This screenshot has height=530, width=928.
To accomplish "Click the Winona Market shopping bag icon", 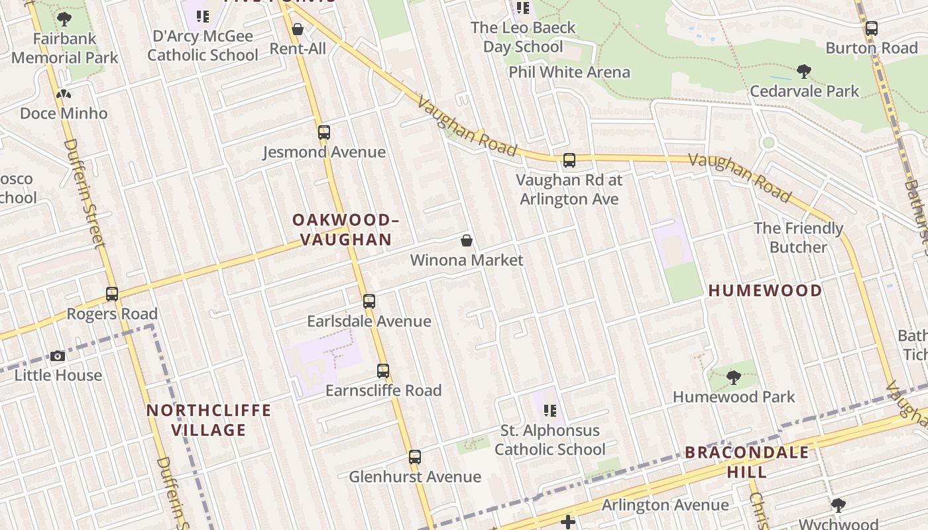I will tap(467, 240).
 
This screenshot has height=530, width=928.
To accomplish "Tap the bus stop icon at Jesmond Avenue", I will tap(323, 132).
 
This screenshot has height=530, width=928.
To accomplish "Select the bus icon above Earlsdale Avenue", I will tap(369, 301).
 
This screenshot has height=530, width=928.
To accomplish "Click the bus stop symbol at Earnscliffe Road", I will tap(383, 371).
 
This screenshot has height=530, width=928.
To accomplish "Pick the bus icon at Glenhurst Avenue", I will tap(415, 457).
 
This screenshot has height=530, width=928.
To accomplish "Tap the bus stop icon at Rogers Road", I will tap(112, 294).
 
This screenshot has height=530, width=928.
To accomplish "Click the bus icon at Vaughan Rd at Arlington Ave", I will tap(569, 160).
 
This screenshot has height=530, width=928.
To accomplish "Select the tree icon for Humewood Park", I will tap(733, 378).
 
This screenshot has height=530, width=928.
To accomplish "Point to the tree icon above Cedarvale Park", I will tap(804, 72).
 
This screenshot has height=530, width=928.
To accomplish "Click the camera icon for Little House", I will tap(58, 356).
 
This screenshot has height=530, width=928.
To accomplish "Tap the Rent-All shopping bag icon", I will tap(298, 30).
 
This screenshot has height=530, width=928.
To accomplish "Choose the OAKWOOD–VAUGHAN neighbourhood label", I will tap(345, 229).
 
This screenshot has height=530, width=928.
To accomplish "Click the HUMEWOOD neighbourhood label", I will tap(765, 290).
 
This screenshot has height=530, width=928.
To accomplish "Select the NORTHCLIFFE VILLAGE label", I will tap(209, 420).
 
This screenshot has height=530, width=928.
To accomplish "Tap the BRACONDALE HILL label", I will tap(746, 462).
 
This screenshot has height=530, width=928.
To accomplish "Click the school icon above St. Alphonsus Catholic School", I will tap(550, 411).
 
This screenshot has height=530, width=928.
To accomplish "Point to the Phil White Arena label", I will tap(569, 72).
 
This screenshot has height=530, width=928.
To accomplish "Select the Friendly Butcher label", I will tap(798, 238).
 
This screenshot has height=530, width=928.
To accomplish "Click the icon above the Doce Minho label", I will tap(64, 95).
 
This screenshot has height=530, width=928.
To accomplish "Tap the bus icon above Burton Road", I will tap(871, 28).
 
